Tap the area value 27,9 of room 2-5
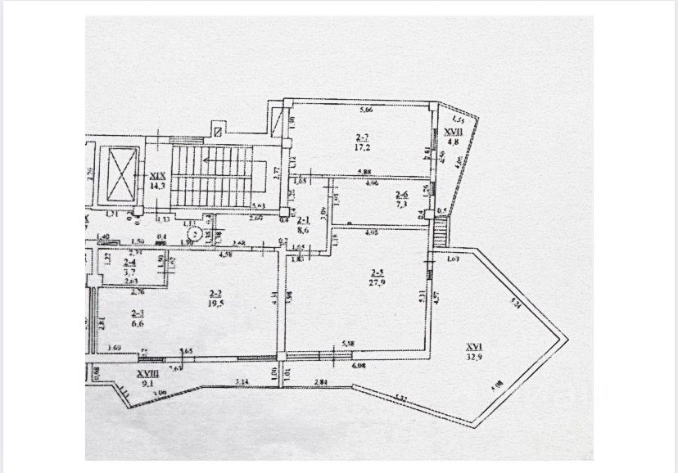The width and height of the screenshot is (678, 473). (x=380, y=282)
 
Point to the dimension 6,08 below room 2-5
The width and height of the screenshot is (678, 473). (x=359, y=363)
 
